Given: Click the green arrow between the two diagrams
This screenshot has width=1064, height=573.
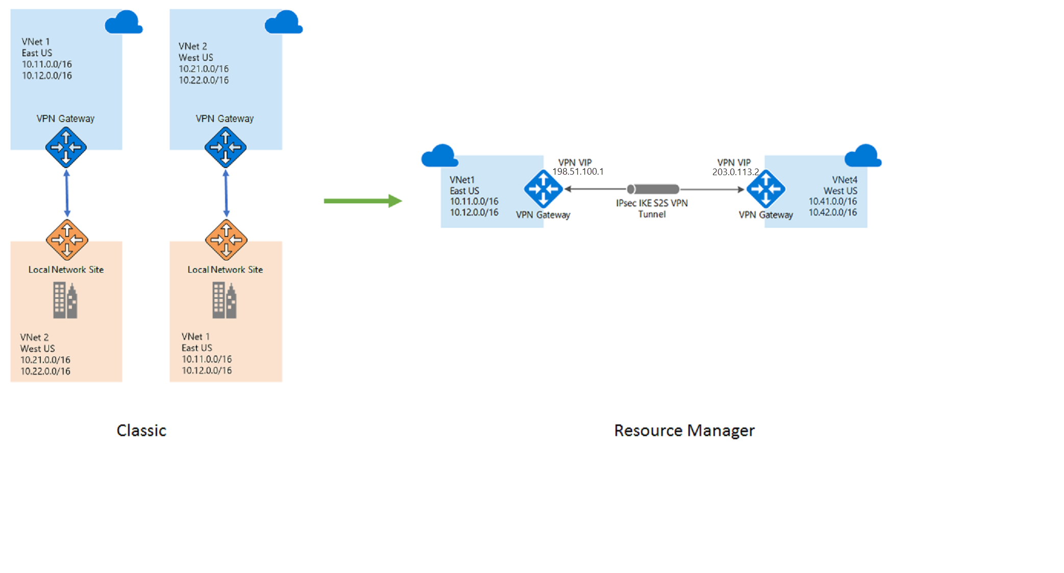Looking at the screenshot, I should (363, 201).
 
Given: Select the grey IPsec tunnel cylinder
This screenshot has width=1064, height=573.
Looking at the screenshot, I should (653, 189).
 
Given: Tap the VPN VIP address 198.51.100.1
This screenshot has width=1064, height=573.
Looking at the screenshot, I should (578, 172).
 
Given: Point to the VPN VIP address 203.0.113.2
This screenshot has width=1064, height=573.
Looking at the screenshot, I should (735, 172).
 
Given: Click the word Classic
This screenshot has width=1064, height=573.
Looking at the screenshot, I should (141, 431).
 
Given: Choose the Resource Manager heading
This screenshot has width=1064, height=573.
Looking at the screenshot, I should (684, 431).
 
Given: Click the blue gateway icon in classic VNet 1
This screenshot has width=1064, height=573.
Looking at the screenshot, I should (66, 147).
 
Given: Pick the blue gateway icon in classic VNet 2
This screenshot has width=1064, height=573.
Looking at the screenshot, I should (226, 147).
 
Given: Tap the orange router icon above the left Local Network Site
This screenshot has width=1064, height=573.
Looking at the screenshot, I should (67, 240).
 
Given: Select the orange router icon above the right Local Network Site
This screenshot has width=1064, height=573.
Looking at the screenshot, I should (226, 240).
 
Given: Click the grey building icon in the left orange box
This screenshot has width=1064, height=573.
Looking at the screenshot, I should (65, 301).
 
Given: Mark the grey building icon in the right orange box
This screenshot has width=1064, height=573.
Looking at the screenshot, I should (225, 301).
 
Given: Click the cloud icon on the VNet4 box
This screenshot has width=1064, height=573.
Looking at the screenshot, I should (862, 156).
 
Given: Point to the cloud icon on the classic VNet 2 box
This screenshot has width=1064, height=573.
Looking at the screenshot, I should (283, 22).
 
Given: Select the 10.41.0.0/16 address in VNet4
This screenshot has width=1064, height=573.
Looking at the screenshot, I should (832, 201).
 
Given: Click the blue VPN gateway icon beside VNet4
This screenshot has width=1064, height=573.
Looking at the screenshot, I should (765, 189).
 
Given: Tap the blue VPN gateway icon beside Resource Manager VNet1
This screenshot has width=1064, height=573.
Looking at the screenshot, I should (543, 189).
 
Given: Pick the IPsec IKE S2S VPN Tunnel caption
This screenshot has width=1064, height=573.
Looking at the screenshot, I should (652, 208).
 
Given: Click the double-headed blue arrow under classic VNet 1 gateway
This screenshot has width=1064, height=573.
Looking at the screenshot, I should (67, 194).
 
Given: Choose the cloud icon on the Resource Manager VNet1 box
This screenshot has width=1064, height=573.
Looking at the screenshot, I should (439, 156).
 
